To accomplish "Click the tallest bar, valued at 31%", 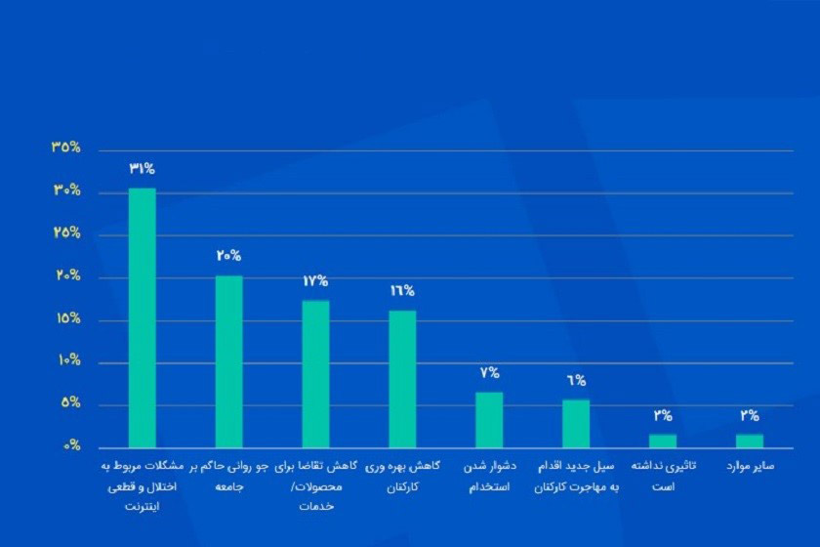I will [143, 317].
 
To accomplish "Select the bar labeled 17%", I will [315, 373].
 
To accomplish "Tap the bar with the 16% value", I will [402, 378].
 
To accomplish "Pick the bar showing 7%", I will [489, 419].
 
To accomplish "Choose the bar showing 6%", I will [576, 423].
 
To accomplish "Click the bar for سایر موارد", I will [750, 440].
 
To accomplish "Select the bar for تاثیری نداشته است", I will [663, 440].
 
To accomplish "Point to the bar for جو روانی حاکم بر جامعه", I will [229, 360].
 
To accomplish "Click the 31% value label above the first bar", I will [143, 168].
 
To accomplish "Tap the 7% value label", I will [489, 372].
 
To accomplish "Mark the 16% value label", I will [402, 290].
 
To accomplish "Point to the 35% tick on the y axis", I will [66, 148].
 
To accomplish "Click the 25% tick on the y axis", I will [66, 234].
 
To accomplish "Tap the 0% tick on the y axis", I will [70, 446].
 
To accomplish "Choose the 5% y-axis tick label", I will [68, 404].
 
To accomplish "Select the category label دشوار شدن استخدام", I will [489, 476].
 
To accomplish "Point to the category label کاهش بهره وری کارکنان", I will [402, 476].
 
